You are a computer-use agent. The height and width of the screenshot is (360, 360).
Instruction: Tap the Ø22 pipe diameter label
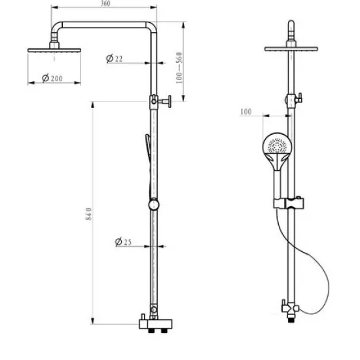coord(115,59)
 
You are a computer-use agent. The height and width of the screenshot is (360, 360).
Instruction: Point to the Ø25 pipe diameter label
coord(123,242)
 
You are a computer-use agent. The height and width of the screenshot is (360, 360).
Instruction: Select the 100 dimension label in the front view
coord(246,112)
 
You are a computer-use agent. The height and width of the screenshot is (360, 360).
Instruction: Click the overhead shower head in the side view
coord(54,48)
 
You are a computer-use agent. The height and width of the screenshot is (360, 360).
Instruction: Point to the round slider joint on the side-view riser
coord(153,204)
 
